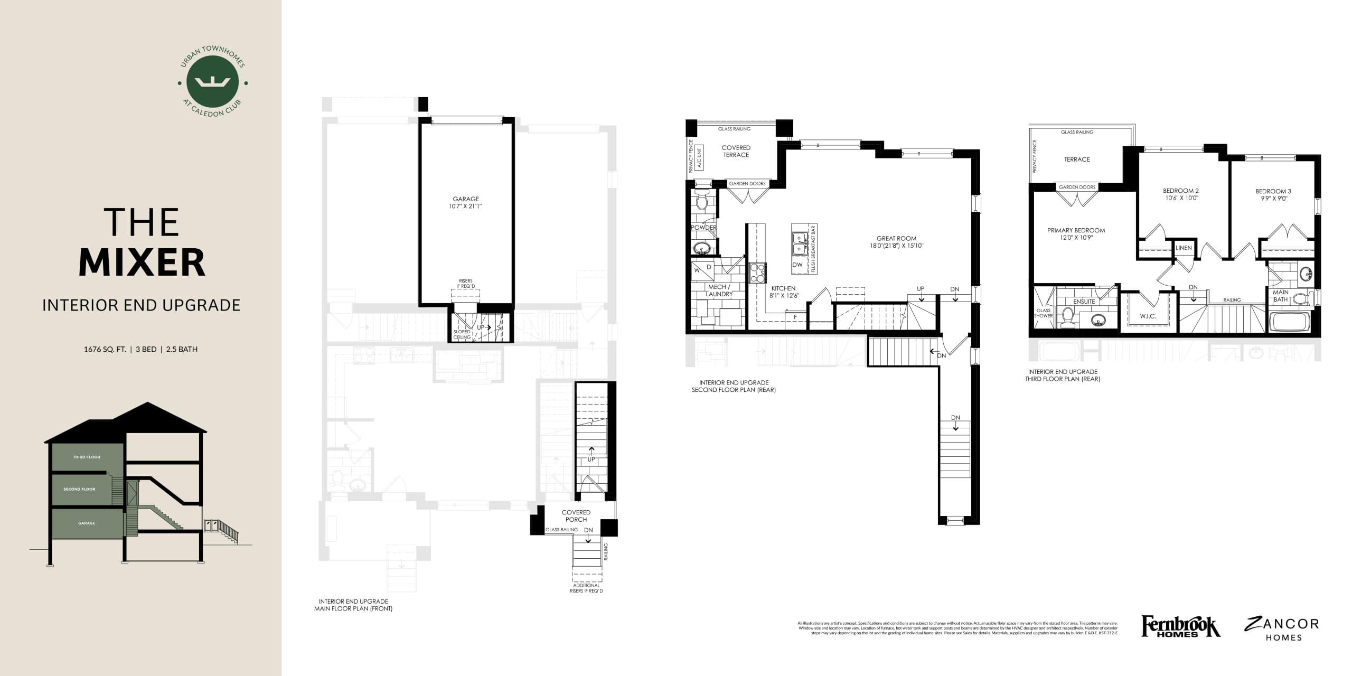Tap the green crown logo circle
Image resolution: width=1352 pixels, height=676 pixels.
[x=212, y=82]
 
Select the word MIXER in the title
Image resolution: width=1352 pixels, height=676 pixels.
[x=142, y=262]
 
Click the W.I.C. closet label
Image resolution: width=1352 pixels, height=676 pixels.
[x=1148, y=316]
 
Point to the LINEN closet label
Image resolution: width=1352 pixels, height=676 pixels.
[x=1184, y=248]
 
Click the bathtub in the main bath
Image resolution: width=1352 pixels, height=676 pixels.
[x=1289, y=322]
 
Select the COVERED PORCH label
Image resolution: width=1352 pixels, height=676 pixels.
[x=576, y=515]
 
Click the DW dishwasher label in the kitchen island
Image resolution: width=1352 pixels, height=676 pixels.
[x=797, y=265]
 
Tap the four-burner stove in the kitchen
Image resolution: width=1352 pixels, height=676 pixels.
[x=757, y=273]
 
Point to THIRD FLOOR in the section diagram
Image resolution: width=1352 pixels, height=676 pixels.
[x=86, y=457]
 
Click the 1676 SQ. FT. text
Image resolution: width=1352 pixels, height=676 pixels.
[x=105, y=349]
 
